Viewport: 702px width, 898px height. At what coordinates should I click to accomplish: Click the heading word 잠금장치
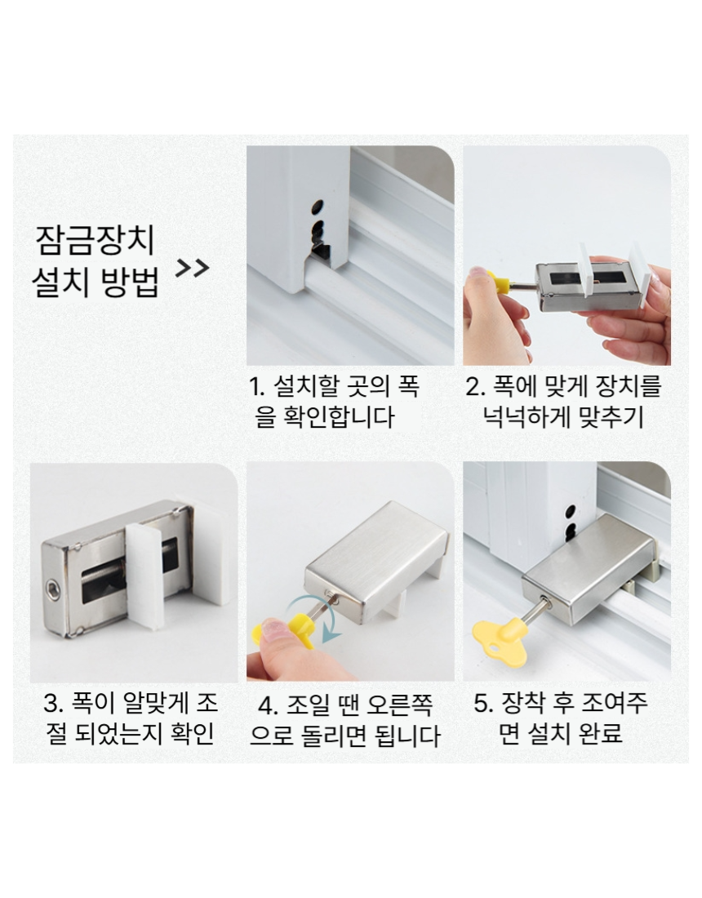95,240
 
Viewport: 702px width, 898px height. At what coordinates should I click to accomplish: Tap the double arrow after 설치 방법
192,268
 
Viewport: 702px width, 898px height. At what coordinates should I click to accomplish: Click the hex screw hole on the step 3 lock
53,591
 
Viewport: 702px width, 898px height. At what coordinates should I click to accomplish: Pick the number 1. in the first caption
257,387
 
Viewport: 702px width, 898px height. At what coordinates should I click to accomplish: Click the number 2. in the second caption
475,387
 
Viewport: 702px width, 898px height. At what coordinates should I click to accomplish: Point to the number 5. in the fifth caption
484,703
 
